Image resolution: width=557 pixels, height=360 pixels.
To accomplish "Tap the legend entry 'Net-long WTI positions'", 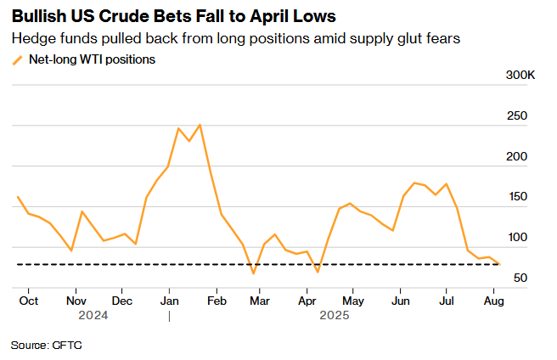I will (x=92, y=59).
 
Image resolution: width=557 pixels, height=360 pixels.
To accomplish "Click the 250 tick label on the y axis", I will (x=518, y=116).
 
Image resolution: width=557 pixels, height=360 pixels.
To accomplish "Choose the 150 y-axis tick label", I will (x=518, y=197).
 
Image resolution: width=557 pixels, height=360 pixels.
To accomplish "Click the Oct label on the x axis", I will (x=28, y=301).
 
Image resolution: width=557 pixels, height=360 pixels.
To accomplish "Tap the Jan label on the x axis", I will (x=169, y=301).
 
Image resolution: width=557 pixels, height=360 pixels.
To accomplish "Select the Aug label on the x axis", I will (x=493, y=301).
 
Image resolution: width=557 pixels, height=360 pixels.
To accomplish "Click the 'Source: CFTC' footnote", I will (x=47, y=346).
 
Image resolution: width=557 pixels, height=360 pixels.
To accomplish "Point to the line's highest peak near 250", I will (x=200, y=125).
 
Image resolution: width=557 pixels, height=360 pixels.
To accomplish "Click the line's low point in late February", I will (x=253, y=273).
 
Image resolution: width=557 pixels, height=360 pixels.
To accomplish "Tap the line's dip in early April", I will (x=318, y=272).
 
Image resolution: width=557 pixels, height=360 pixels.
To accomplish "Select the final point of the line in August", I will (x=499, y=264).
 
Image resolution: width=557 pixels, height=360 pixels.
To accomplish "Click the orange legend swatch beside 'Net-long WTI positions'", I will (x=18, y=59).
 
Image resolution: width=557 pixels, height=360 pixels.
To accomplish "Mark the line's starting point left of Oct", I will (x=18, y=197).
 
